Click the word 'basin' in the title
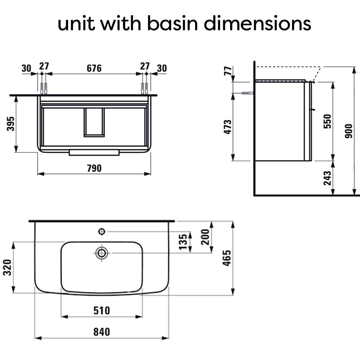tap(172, 23)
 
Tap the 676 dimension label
tap(94, 68)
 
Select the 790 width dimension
tap(94, 168)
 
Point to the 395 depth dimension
tap(10, 124)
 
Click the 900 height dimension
tap(349, 131)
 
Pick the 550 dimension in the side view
tap(327, 121)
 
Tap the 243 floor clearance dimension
tap(327, 178)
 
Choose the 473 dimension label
tap(227, 127)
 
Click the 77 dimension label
tap(228, 71)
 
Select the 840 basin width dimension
tap(102, 332)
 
